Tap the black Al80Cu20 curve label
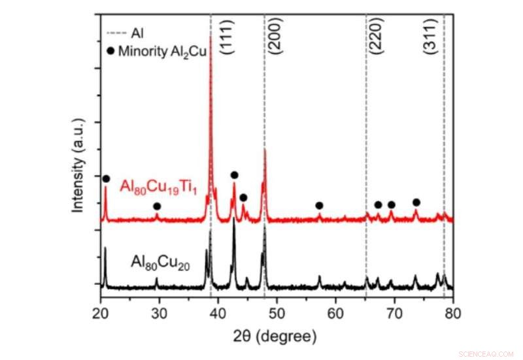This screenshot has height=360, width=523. [x=160, y=263]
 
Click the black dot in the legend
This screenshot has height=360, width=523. [x=109, y=53]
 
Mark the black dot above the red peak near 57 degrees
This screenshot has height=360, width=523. [x=319, y=206]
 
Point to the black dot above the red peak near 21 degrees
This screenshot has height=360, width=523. [x=106, y=178]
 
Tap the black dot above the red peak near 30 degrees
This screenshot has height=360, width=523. [x=157, y=206]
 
